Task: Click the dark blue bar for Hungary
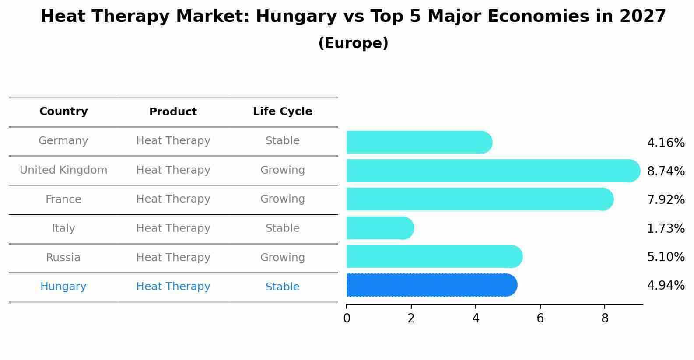[431, 285]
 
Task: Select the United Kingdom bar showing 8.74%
[492, 171]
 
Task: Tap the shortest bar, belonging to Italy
[379, 228]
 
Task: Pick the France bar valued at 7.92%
[479, 199]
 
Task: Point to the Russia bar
[434, 256]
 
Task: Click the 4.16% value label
[666, 143]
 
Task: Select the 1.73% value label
[666, 228]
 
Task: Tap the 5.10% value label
[666, 257]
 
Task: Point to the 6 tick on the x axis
[540, 318]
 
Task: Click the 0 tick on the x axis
[347, 318]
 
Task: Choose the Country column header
[63, 112]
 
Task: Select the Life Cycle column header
[282, 112]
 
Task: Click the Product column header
[173, 112]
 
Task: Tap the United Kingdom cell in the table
[63, 170]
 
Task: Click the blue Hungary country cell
[63, 287]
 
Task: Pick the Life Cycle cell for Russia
[282, 258]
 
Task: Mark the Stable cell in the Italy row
[282, 228]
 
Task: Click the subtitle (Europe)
[353, 43]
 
